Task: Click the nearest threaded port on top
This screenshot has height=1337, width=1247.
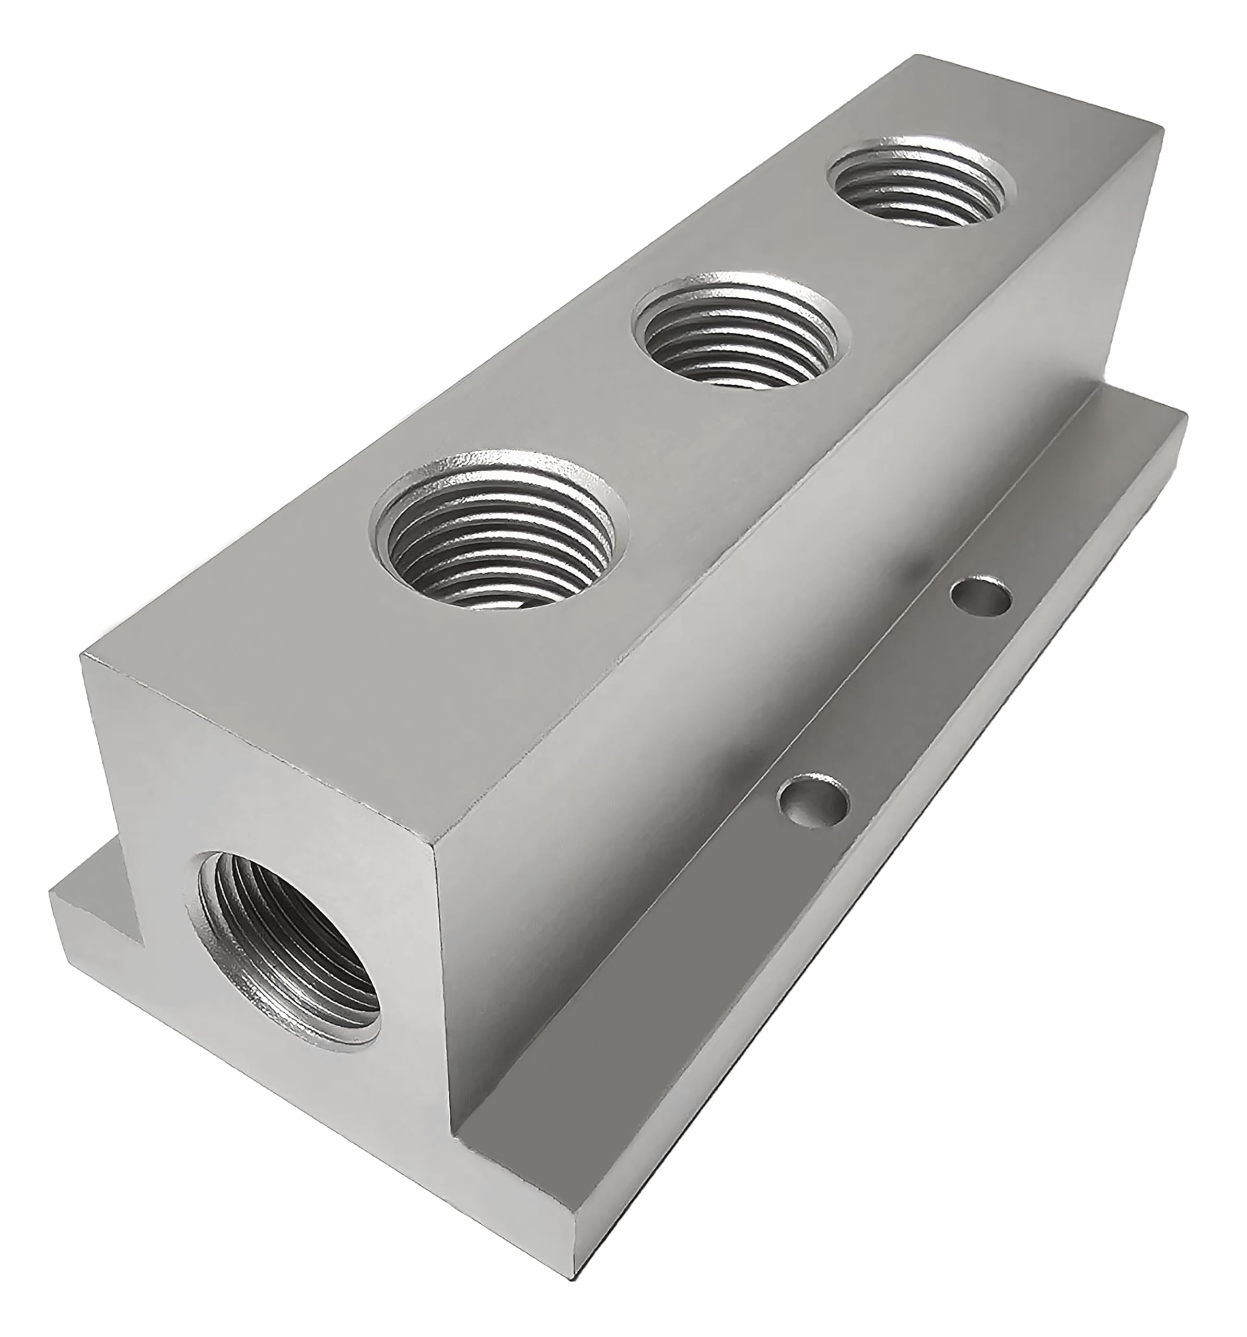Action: click(x=496, y=529)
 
